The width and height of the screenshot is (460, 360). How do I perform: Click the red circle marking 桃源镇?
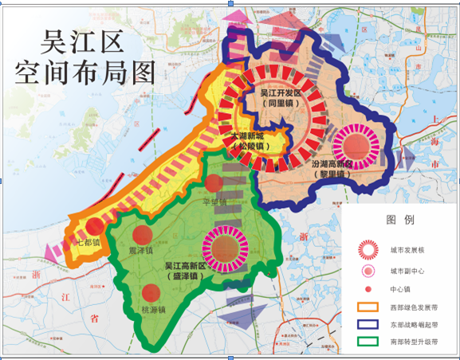click(x=151, y=292)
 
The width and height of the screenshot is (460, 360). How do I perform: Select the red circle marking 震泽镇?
click(x=141, y=233)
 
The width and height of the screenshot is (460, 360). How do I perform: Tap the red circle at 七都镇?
click(x=93, y=226)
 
